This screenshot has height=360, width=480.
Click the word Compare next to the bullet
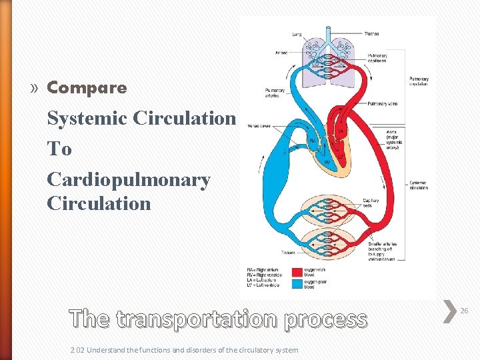(x=87, y=87)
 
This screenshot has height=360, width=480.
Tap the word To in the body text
(x=59, y=149)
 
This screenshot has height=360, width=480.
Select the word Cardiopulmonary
(x=128, y=179)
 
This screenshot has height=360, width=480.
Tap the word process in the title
(x=325, y=319)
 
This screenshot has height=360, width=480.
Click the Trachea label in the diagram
(x=372, y=34)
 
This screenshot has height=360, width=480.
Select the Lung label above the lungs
(x=297, y=34)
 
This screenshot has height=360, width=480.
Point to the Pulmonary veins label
(x=383, y=104)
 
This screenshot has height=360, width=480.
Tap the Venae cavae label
(x=259, y=125)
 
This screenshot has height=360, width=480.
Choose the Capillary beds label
(x=371, y=203)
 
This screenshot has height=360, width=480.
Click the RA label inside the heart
(x=313, y=141)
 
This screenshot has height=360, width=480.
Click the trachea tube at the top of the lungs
(x=327, y=37)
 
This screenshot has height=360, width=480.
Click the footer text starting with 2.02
(x=184, y=350)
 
